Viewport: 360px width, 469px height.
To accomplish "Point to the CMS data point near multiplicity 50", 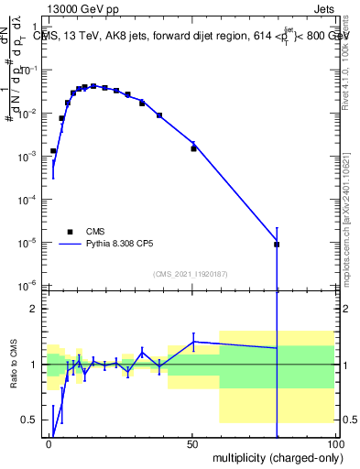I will pos(193,147).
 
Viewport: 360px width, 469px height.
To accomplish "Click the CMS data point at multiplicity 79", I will pos(277,245).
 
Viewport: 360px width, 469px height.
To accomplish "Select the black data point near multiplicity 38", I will pos(159,115).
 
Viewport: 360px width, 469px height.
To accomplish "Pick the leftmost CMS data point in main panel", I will pos(53,150).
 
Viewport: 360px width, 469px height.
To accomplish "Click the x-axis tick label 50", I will pos(193,443).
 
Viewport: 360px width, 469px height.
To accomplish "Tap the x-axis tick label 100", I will pos(334,443).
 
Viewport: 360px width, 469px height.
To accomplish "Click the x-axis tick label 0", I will pos(50,443).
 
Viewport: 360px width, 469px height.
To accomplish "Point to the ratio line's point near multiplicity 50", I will pos(193,342).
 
